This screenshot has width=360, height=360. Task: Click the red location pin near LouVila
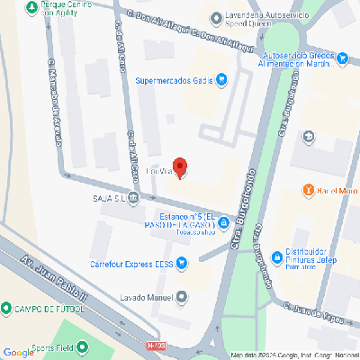click(179, 166)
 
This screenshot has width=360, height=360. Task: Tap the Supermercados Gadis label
click(174, 80)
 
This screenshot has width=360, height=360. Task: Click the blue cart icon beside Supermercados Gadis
click(221, 80)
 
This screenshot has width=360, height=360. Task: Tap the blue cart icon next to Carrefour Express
click(182, 264)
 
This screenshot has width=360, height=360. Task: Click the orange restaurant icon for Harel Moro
click(308, 190)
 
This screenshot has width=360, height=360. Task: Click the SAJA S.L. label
click(108, 199)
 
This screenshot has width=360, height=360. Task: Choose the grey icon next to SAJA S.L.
click(133, 199)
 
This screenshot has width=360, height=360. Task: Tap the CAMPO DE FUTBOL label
click(49, 309)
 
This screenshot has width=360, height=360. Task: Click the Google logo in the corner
click(18, 352)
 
